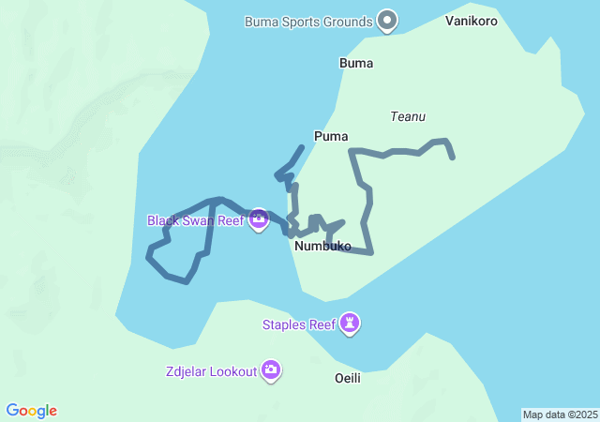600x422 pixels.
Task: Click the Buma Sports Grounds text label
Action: (308, 21)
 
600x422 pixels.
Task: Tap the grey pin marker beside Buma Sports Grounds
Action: (387, 20)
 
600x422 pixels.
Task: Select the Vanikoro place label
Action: (472, 21)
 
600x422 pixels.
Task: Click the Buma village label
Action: (356, 64)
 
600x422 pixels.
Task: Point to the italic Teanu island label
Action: (408, 116)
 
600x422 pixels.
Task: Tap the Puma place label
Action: (331, 136)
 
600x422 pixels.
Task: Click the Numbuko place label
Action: (322, 247)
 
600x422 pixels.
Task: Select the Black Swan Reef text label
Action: (195, 220)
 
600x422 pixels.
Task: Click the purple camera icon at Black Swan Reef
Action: (259, 220)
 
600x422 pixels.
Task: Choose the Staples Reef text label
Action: (298, 324)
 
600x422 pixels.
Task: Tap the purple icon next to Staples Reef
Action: (351, 324)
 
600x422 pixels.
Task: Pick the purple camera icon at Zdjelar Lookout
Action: (272, 370)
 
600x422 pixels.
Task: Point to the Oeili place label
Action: (348, 378)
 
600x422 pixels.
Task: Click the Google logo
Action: (32, 411)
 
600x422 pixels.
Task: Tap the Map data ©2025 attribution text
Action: (560, 414)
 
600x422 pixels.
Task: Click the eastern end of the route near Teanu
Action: (454, 158)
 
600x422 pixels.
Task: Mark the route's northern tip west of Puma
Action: (302, 147)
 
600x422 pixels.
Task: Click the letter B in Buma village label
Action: (343, 64)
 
